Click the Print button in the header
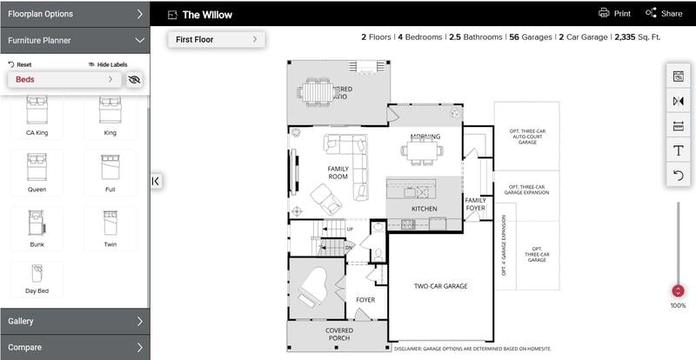click(614, 13)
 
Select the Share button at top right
click(664, 13)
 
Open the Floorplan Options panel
click(75, 14)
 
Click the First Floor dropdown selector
click(217, 39)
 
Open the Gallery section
click(75, 321)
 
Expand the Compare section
click(75, 347)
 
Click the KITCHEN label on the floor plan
click(424, 209)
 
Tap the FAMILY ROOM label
click(338, 172)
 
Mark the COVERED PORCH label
click(338, 335)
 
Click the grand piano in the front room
click(311, 285)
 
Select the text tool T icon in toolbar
click(678, 150)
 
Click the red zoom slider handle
click(678, 291)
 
